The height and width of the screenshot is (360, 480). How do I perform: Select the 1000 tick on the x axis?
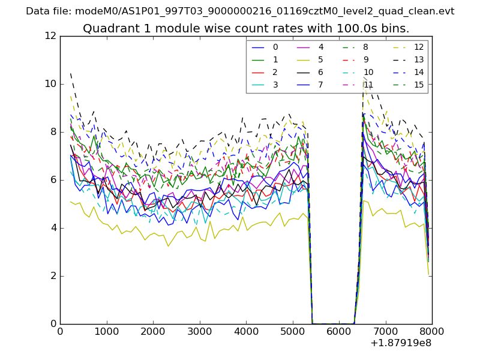pyautogui.click(x=106, y=331)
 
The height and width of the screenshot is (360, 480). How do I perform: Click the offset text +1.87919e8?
pyautogui.click(x=401, y=343)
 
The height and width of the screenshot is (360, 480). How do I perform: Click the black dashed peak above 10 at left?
pyautogui.click(x=71, y=74)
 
